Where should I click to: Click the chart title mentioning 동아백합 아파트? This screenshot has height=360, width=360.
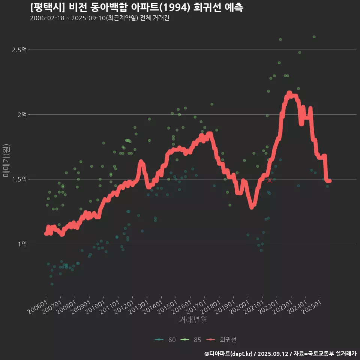tap(137, 7)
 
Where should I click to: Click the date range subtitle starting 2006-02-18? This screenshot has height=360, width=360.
tap(100, 18)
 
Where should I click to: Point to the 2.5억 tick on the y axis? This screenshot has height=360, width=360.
tap(19, 50)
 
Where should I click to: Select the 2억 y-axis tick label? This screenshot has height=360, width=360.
tap(22, 114)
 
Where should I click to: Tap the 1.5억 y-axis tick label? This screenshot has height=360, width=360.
tap(19, 179)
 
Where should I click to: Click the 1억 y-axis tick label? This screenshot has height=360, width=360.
tap(22, 244)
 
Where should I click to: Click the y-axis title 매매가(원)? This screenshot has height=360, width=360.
tap(6, 160)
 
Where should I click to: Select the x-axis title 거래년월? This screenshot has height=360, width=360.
tap(193, 319)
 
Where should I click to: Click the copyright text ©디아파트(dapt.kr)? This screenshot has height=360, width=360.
tap(229, 354)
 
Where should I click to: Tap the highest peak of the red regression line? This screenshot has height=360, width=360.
tap(289, 93)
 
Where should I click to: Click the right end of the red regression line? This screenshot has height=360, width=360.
tap(329, 181)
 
